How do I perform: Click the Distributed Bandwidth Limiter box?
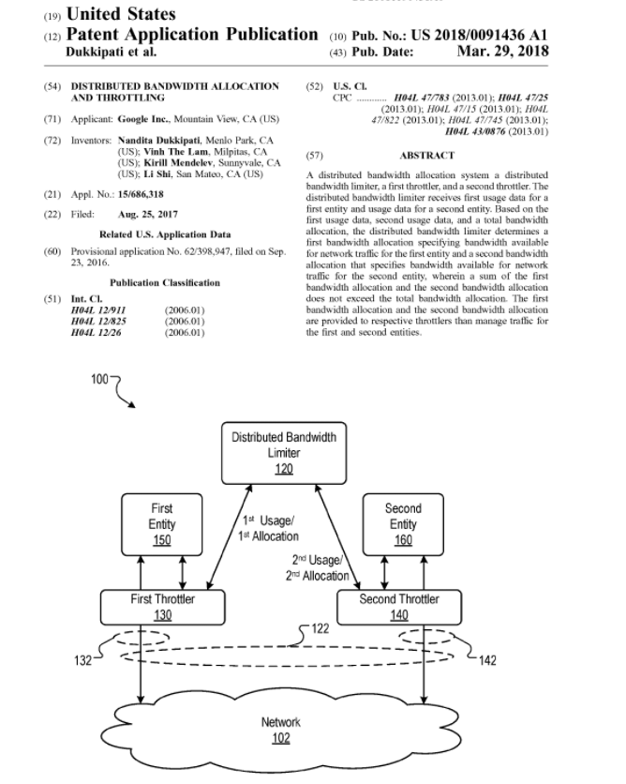coord(284,453)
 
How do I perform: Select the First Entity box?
coord(162,524)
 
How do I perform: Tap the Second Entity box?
coord(403,524)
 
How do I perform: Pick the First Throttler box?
coord(163,607)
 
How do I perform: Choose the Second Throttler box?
coord(399,607)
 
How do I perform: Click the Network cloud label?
coord(281,722)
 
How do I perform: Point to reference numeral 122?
coord(320,628)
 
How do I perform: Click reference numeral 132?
coord(82,660)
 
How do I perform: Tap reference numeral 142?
coord(487,660)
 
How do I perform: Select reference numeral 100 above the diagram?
coord(99,379)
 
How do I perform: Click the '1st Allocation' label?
coord(268,536)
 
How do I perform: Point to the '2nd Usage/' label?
coord(318,560)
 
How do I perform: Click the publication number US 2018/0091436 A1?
coord(479,35)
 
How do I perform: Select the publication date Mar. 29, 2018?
coord(502,51)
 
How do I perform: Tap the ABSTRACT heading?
coord(427,156)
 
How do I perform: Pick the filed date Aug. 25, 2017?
coord(148,214)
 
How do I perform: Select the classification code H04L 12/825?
coord(98,321)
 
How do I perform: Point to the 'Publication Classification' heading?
coord(165,282)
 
